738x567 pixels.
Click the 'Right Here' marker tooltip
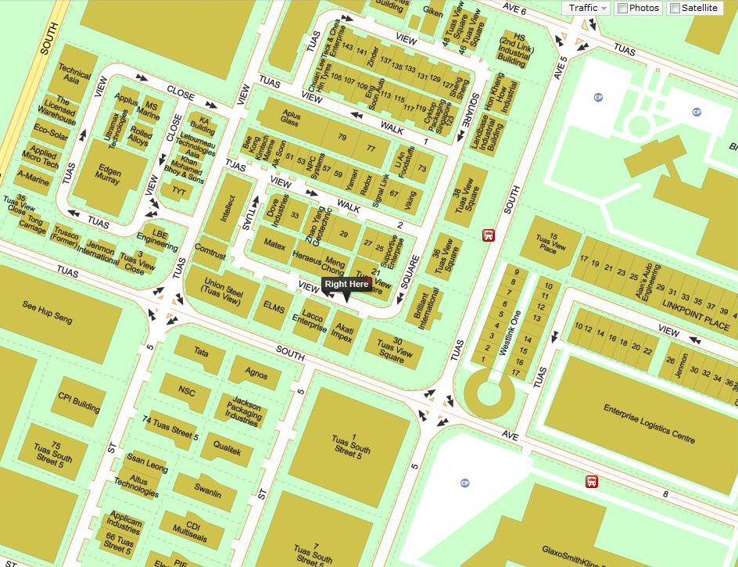[346, 284]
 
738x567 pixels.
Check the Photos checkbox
[622, 8]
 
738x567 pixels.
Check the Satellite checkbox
[674, 8]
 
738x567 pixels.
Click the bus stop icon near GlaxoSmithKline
[593, 482]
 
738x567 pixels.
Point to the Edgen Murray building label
[109, 176]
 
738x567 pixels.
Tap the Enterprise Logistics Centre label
[649, 423]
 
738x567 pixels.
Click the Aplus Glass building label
[290, 119]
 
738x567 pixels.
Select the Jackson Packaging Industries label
[241, 409]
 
